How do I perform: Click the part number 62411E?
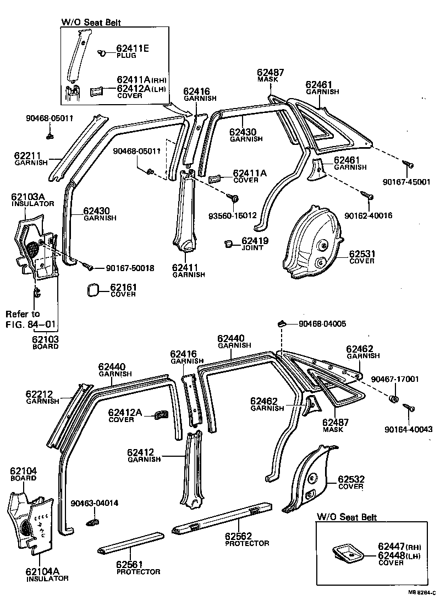pyautogui.click(x=133, y=48)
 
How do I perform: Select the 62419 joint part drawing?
pyautogui.click(x=229, y=244)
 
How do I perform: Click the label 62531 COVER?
pyautogui.click(x=361, y=257)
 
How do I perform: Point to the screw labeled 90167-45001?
pyautogui.click(x=409, y=164)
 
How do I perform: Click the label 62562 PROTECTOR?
pyautogui.click(x=247, y=539)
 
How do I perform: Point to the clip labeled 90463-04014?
pyautogui.click(x=94, y=520)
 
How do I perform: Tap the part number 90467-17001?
pyautogui.click(x=394, y=379)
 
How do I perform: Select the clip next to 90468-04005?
pyautogui.click(x=281, y=323)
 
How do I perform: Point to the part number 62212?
pyautogui.click(x=39, y=394)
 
